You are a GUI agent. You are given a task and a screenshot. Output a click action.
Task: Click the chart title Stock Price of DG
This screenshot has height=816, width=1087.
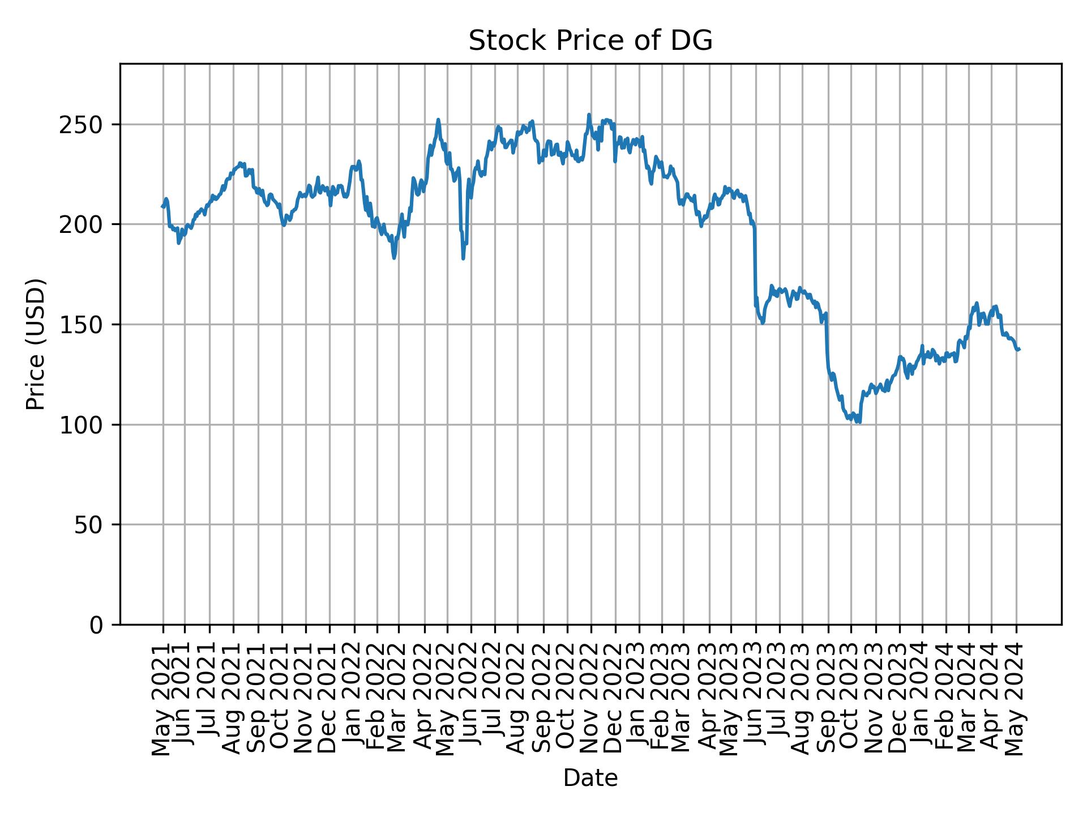(x=590, y=41)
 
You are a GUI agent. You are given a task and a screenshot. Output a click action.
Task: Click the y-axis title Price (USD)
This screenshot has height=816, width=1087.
(x=36, y=344)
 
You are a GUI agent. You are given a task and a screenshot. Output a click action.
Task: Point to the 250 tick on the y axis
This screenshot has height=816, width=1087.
(x=84, y=125)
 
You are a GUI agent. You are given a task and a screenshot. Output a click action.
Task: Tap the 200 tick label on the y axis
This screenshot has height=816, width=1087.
(x=84, y=224)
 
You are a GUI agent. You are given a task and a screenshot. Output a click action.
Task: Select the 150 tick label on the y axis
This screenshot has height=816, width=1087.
(x=84, y=325)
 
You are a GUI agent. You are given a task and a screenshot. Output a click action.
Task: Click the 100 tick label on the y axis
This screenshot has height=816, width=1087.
(x=84, y=425)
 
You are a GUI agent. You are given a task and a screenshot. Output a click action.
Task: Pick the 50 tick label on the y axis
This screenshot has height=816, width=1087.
(x=91, y=525)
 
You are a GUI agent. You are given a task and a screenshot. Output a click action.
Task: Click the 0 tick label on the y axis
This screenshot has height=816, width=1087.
(x=97, y=625)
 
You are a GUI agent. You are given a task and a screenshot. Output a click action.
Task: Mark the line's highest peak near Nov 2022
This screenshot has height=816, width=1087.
(x=589, y=114)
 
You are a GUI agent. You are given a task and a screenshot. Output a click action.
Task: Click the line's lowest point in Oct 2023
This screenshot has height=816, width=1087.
(x=860, y=422)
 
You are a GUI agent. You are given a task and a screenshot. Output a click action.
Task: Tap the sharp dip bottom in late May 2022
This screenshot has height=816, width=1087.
(x=463, y=258)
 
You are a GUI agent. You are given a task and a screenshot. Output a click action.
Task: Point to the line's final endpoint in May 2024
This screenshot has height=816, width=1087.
(x=1019, y=349)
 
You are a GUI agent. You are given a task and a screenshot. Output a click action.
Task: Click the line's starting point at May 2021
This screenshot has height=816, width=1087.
(x=162, y=207)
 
